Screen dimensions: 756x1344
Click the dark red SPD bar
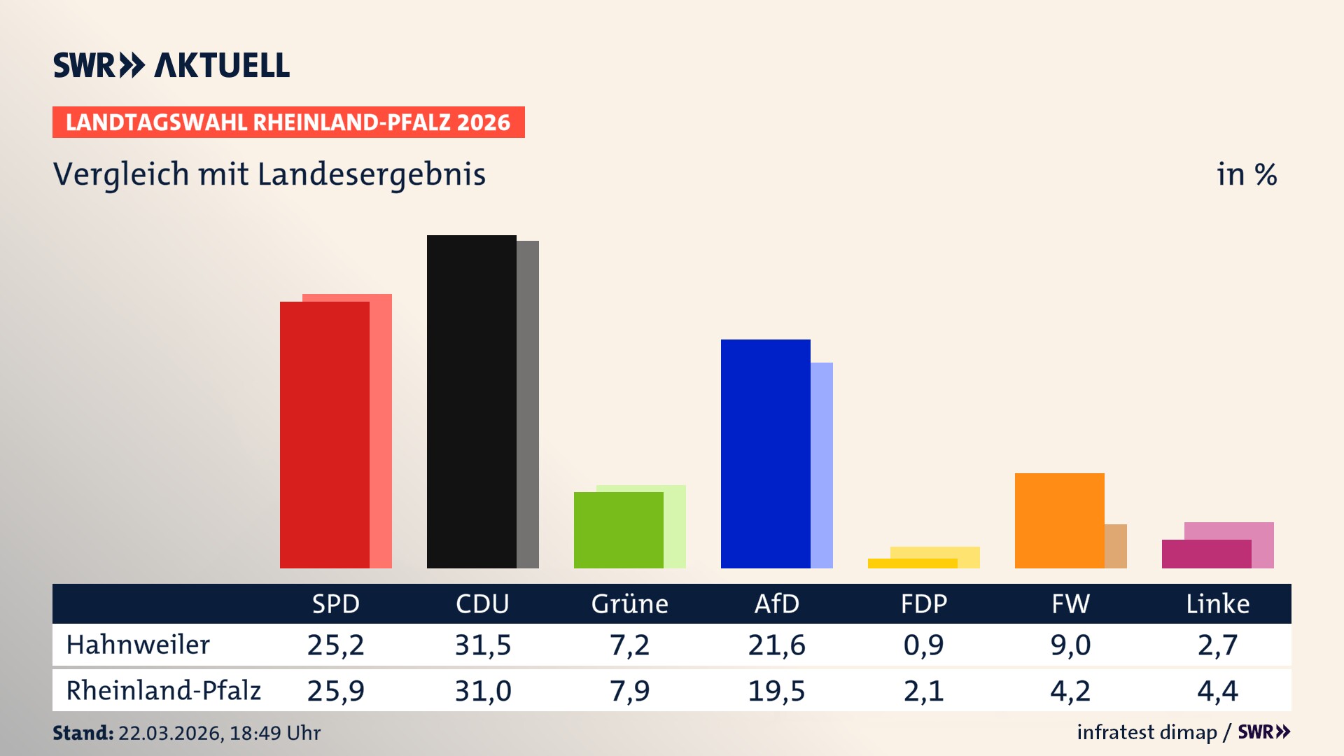pos(324,434)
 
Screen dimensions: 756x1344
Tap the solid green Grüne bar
pos(618,530)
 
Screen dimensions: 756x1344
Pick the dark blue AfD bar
pos(765,454)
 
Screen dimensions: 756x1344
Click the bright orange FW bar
pos(1059,520)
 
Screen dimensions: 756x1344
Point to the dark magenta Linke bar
pos(1206,554)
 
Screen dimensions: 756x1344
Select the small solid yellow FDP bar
pos(912,563)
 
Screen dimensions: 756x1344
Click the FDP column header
pos(923,603)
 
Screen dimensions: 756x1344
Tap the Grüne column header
pos(629,603)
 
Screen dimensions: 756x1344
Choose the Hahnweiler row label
pos(138,645)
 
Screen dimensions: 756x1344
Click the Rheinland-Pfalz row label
pos(163,691)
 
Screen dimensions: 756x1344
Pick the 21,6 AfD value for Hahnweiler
pos(776,645)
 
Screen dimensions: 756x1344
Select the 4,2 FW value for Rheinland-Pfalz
pos(1070,691)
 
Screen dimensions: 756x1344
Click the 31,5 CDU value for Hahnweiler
pos(482,645)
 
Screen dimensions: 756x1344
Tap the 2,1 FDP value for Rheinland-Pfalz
pos(923,691)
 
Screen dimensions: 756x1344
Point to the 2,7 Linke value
pos(1217,645)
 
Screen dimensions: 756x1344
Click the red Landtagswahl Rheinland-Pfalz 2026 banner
pos(288,122)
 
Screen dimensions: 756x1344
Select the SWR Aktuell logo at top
pos(171,65)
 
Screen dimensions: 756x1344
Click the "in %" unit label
pos(1246,175)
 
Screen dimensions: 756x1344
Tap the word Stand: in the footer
pos(83,733)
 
